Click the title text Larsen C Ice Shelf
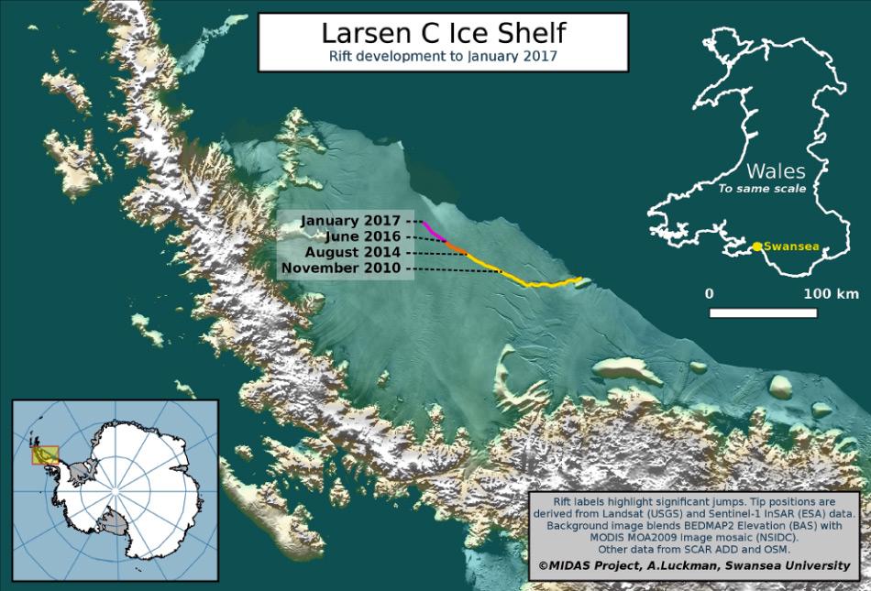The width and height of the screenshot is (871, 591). (x=443, y=33)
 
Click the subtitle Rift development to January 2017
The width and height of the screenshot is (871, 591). (x=443, y=56)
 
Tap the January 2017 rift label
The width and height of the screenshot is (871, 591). (x=351, y=221)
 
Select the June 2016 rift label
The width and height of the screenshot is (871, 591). (x=360, y=236)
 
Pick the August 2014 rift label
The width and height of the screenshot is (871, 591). (x=352, y=252)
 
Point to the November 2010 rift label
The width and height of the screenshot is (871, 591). (x=341, y=268)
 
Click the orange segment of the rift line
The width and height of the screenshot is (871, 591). (x=457, y=247)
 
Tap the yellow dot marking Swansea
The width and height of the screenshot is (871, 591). (x=757, y=246)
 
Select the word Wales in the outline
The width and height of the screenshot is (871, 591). (x=775, y=171)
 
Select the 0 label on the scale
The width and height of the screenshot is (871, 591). (x=709, y=294)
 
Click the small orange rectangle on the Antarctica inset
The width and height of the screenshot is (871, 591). (x=45, y=454)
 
